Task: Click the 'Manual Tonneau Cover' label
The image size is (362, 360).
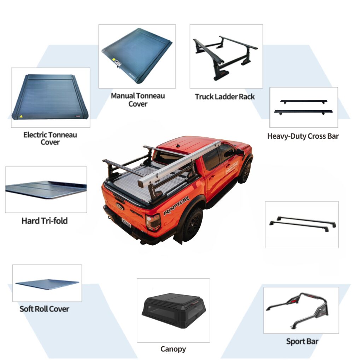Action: pyautogui.click(x=138, y=100)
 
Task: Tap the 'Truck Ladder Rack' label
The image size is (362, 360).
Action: pyautogui.click(x=225, y=97)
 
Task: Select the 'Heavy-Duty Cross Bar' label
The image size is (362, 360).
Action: pyautogui.click(x=303, y=136)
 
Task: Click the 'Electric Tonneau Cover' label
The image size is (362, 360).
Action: pyautogui.click(x=50, y=138)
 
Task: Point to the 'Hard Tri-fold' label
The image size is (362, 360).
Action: pyautogui.click(x=45, y=221)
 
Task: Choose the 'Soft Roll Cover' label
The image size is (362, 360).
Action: pyautogui.click(x=44, y=309)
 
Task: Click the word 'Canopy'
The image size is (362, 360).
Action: pyautogui.click(x=173, y=349)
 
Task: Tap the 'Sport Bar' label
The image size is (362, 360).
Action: pyautogui.click(x=302, y=341)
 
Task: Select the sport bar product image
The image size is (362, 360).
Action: pyautogui.click(x=298, y=310)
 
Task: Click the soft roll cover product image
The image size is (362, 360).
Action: pyautogui.click(x=47, y=284)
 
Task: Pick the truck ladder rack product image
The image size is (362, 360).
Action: pyautogui.click(x=225, y=58)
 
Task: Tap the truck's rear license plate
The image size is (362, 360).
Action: pyautogui.click(x=126, y=223)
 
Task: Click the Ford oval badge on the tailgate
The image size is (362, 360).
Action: pyautogui.click(x=120, y=206)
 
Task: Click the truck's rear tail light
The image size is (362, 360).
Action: pyautogui.click(x=153, y=222)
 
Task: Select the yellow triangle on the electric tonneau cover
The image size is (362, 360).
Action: pyautogui.click(x=21, y=116)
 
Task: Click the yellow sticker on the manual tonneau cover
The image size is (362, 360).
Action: pyautogui.click(x=114, y=60)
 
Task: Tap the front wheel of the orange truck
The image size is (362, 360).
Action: pyautogui.click(x=246, y=172)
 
